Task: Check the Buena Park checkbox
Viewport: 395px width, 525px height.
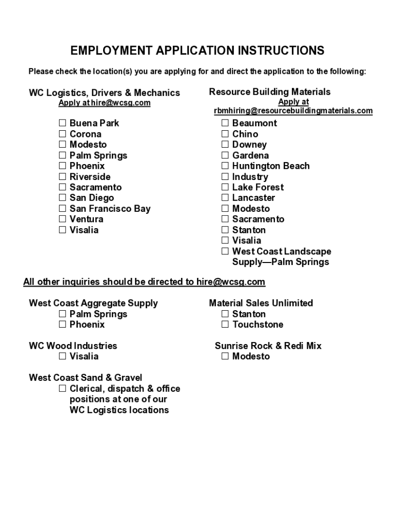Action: click(x=62, y=123)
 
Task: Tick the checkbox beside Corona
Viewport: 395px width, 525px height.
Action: click(x=62, y=134)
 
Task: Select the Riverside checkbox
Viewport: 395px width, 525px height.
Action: click(x=62, y=177)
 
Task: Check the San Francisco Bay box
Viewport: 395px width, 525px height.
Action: click(x=62, y=209)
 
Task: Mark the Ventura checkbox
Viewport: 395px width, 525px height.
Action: click(x=62, y=219)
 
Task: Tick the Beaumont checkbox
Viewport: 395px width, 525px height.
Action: click(x=225, y=123)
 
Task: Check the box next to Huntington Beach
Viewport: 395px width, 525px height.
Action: click(x=225, y=166)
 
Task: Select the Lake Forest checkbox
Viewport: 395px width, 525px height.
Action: click(x=225, y=188)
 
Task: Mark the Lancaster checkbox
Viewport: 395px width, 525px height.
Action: click(x=225, y=198)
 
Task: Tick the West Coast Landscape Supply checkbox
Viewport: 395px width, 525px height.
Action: click(x=225, y=252)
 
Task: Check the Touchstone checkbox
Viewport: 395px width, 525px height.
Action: click(x=225, y=325)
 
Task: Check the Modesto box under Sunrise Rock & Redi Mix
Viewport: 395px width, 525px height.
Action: click(x=225, y=356)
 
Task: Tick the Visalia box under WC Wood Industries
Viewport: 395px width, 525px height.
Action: click(x=62, y=356)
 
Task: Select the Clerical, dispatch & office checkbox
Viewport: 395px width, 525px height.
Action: click(x=62, y=389)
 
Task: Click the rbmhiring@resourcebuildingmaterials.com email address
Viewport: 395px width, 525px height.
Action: click(x=293, y=111)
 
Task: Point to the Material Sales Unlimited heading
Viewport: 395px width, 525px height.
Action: click(x=261, y=303)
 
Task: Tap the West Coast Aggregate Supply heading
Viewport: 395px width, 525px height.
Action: click(x=93, y=303)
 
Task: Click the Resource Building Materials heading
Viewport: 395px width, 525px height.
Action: click(x=270, y=92)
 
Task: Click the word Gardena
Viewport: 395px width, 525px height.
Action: click(x=250, y=155)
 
